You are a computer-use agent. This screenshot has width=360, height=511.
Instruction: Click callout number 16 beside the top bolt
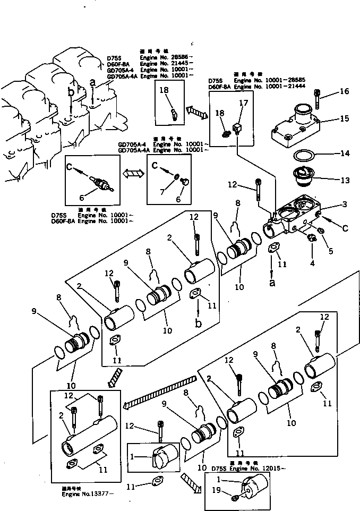point(345,91)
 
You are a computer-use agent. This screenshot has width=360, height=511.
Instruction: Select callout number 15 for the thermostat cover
point(345,118)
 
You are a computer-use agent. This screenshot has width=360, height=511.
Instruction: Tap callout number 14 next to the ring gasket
point(345,154)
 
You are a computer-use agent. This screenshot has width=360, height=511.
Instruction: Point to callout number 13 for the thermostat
point(345,180)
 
